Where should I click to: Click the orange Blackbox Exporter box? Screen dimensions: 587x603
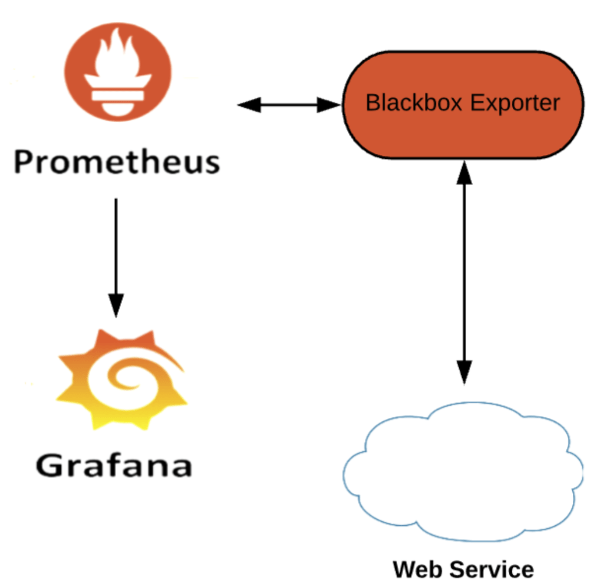coord(463,104)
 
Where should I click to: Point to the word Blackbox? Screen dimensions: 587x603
coord(413,103)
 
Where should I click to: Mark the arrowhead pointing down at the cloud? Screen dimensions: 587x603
coord(465,371)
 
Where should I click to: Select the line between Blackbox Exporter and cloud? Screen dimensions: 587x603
coord(465,271)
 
